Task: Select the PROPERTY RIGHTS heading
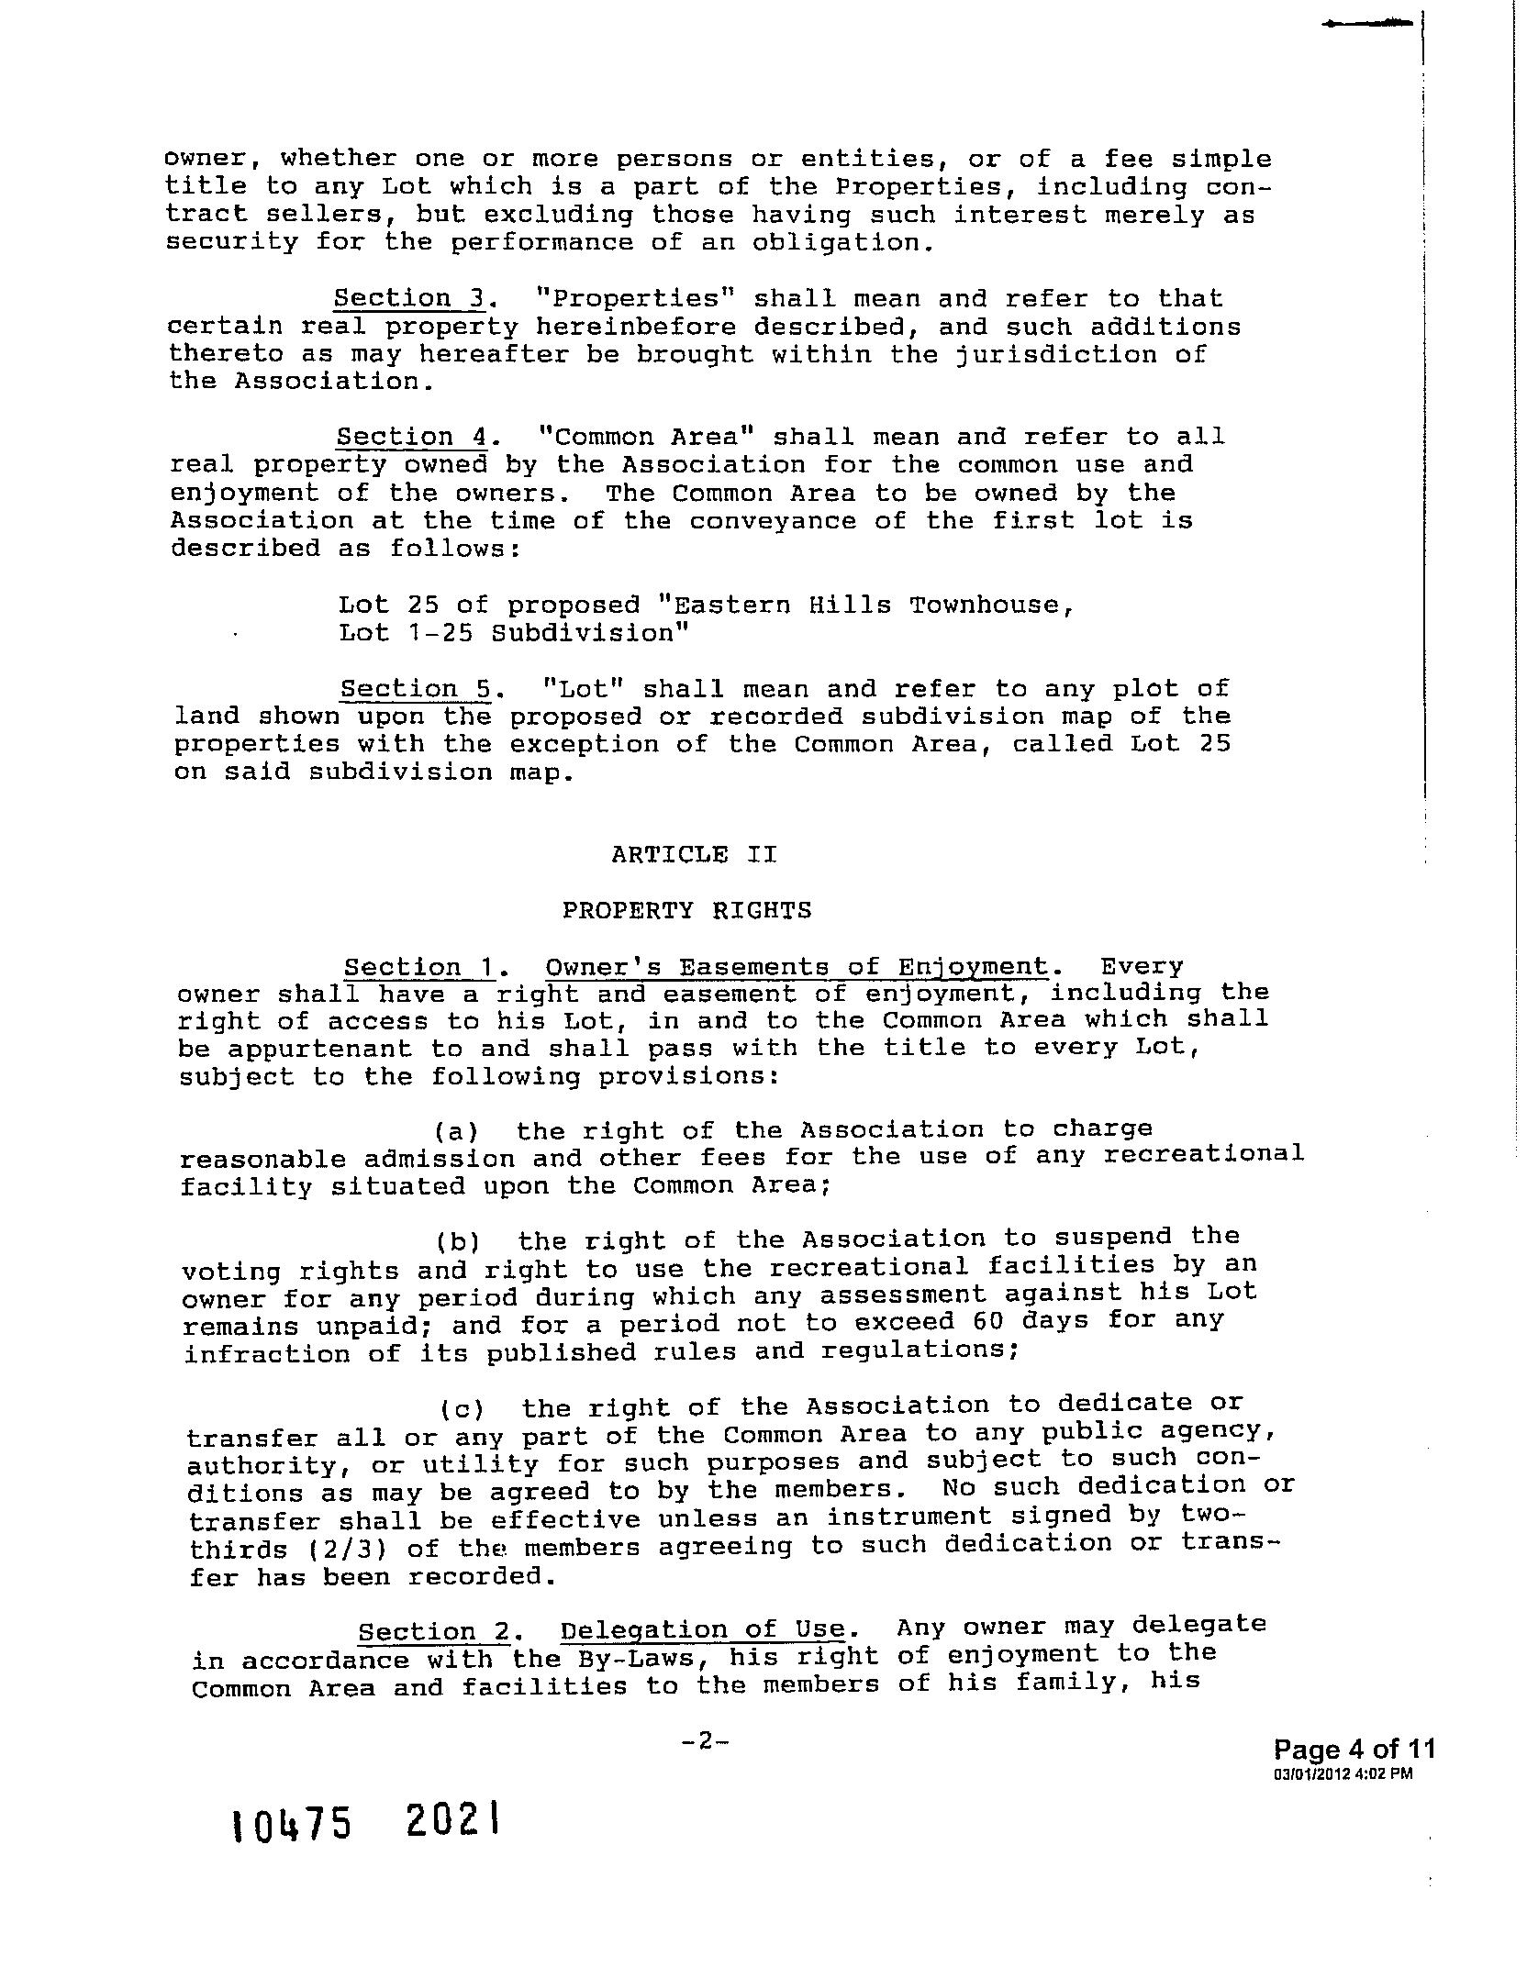(x=687, y=910)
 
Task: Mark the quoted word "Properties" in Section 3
(x=627, y=298)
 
